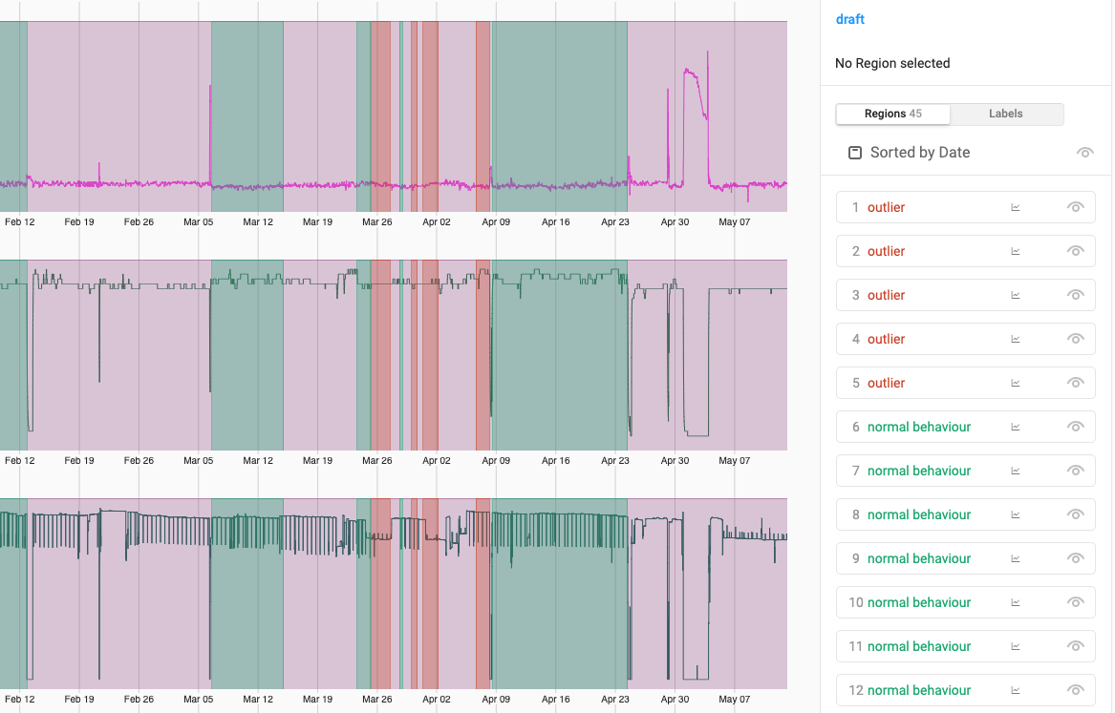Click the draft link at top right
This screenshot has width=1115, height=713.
click(849, 19)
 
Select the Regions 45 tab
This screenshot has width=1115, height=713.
click(892, 114)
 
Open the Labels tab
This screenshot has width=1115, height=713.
click(1005, 114)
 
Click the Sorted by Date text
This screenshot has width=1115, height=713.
click(919, 153)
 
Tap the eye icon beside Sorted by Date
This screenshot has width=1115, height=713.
click(1084, 153)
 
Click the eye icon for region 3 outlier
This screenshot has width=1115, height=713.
click(1076, 295)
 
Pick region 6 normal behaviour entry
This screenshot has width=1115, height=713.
click(918, 427)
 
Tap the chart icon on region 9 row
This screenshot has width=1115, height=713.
click(1016, 558)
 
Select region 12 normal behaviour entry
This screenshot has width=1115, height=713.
click(918, 690)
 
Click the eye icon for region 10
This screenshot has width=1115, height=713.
click(1076, 602)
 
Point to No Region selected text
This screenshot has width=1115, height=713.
click(892, 63)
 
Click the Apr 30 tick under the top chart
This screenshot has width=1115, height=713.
click(675, 221)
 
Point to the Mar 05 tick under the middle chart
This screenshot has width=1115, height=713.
click(198, 460)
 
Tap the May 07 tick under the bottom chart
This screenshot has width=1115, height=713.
click(734, 699)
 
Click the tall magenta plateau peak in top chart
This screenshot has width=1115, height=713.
click(694, 73)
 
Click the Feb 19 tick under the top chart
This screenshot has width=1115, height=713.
click(79, 221)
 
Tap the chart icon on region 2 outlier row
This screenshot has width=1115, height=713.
click(1016, 251)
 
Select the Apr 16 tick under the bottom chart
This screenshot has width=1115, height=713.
click(555, 699)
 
